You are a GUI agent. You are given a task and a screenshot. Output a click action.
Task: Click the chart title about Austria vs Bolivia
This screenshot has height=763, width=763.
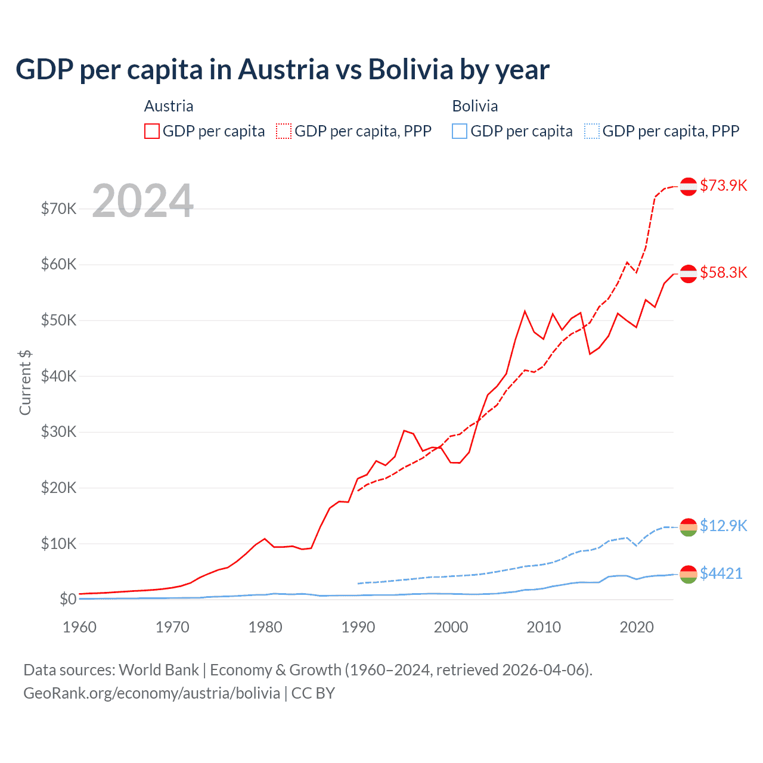(x=282, y=70)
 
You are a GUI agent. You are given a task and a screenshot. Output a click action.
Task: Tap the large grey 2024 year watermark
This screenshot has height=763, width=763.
(x=142, y=201)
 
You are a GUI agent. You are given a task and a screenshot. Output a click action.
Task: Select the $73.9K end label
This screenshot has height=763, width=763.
(x=723, y=185)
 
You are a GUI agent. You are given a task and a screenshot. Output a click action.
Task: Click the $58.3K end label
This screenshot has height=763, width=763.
(x=723, y=272)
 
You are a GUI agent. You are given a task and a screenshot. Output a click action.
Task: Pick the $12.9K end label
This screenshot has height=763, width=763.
(x=723, y=526)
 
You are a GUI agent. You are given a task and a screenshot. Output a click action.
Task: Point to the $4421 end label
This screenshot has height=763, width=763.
(x=721, y=573)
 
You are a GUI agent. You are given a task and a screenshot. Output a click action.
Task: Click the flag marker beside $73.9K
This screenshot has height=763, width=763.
(x=688, y=187)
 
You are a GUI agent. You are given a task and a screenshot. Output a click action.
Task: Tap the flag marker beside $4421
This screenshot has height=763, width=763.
(x=688, y=574)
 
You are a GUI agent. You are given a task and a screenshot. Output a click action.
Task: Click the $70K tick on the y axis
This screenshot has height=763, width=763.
(x=58, y=209)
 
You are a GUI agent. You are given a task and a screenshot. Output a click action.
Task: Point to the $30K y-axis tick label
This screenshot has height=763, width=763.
(x=58, y=432)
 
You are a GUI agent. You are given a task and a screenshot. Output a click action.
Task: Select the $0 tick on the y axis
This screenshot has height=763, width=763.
(x=67, y=599)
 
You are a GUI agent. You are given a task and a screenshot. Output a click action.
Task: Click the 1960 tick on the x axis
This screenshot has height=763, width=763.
(x=79, y=627)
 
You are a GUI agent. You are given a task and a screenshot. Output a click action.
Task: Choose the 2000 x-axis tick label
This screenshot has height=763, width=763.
(x=451, y=627)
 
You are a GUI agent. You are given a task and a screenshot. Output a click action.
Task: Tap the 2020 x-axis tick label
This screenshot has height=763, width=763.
(x=637, y=627)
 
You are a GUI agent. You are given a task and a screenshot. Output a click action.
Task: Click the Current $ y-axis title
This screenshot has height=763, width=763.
(x=25, y=383)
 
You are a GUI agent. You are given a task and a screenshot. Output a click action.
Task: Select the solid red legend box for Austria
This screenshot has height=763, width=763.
(x=152, y=131)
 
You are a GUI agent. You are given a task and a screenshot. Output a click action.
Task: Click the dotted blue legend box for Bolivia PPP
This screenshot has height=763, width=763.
(x=592, y=131)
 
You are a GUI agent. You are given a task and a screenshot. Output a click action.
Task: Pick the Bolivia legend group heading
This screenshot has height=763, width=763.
(x=474, y=106)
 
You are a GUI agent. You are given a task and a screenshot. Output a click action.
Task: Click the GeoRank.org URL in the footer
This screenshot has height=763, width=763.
(x=151, y=693)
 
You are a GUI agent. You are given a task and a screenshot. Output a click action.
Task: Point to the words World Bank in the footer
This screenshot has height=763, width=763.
(x=159, y=670)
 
